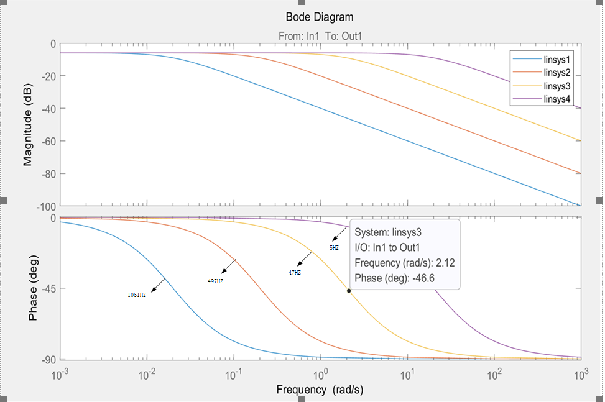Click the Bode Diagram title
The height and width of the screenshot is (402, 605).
point(320,17)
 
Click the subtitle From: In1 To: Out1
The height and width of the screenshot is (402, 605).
point(320,36)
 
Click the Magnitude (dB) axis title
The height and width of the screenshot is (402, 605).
point(28,124)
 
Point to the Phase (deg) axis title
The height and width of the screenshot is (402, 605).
point(32,288)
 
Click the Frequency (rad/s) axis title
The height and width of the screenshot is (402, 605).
point(320,390)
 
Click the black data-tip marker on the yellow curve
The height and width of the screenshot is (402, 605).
point(349,290)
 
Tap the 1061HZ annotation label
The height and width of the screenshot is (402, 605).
point(137,295)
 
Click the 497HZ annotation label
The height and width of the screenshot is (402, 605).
point(215,281)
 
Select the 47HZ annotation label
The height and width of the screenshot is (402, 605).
point(295,273)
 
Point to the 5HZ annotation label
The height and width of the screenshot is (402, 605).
point(334,248)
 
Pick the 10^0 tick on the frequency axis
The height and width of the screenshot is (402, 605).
point(321,375)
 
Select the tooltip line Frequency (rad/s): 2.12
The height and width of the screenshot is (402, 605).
point(404,262)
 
